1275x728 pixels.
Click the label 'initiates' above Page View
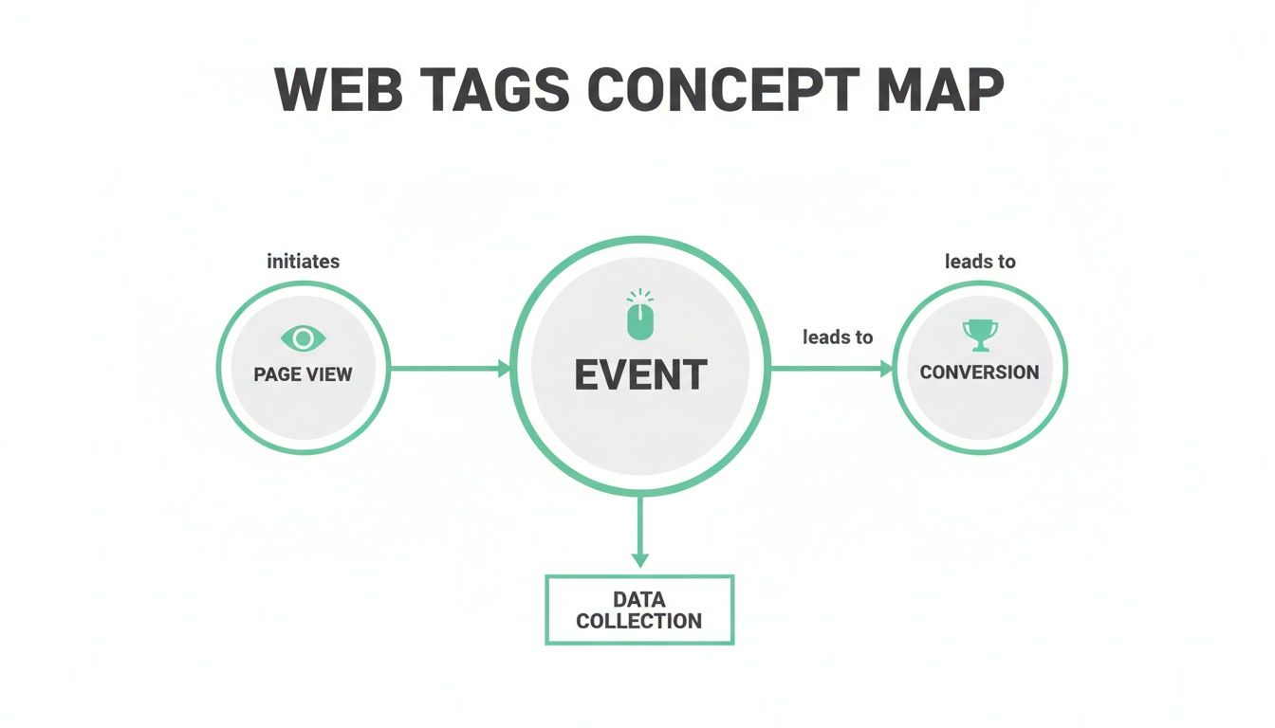coord(304,262)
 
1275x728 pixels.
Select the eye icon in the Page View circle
coord(304,338)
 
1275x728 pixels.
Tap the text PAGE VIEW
coord(304,374)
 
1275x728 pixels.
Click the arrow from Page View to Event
coord(446,368)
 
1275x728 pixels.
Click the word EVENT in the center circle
coord(640,375)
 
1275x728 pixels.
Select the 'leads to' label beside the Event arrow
coord(838,337)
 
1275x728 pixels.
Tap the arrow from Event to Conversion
coord(825,368)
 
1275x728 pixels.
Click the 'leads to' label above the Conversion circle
coord(980,262)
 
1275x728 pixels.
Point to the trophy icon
coord(980,334)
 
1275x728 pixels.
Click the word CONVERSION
coord(980,373)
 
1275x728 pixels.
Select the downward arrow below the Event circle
coord(640,531)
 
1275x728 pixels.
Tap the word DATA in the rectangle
coord(639,600)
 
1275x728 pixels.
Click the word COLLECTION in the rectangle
coord(639,622)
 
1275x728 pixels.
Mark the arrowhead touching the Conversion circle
coord(886,368)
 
